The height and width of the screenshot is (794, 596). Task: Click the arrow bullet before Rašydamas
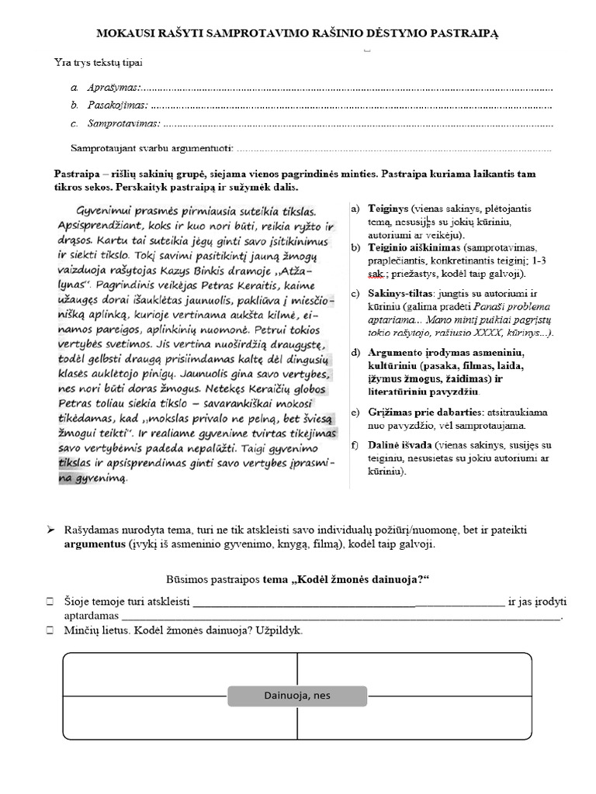click(x=50, y=530)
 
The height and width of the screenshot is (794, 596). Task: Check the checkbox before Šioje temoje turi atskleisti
click(x=50, y=602)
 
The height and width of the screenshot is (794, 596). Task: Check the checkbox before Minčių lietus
click(x=50, y=630)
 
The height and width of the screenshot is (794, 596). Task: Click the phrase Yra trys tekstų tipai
click(x=98, y=62)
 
